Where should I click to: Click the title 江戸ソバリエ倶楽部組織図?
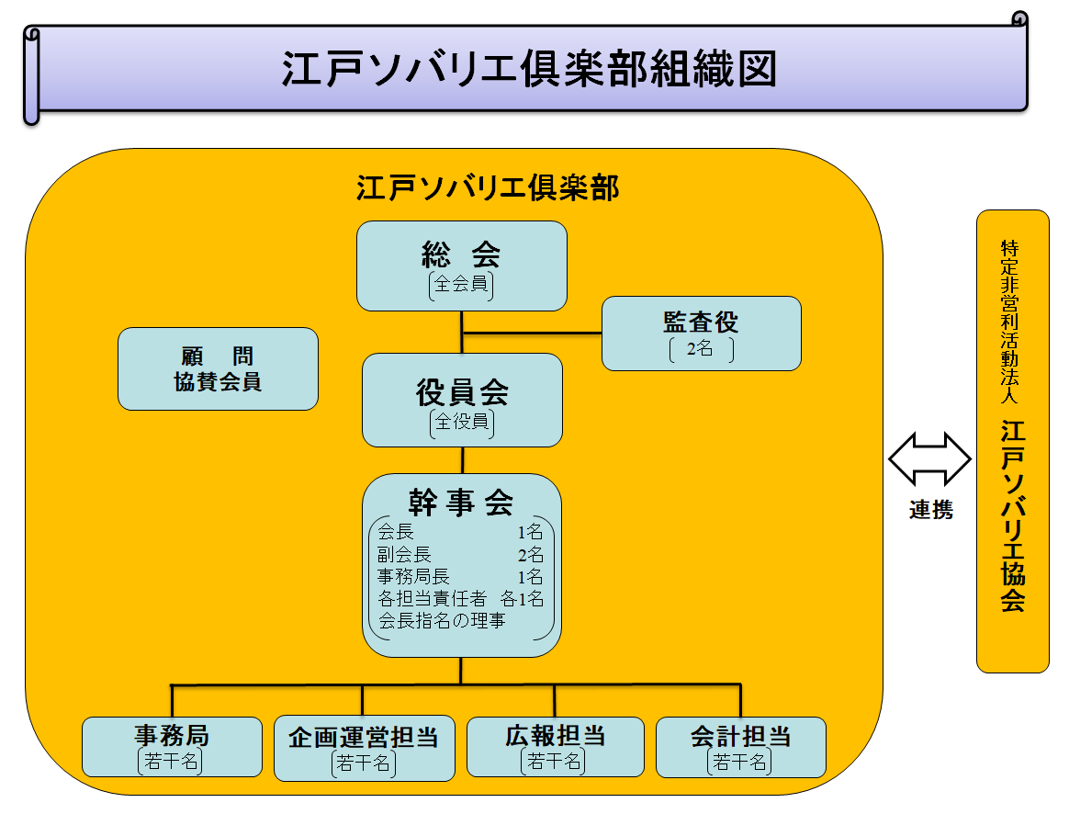[529, 70]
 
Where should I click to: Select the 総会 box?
[461, 265]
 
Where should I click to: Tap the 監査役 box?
[701, 333]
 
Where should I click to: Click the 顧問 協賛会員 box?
[218, 368]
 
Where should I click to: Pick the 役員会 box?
[461, 400]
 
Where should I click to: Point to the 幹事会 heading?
[461, 501]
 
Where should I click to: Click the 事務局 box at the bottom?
[172, 746]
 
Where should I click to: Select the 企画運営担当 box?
[364, 747]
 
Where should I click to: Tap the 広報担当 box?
[555, 746]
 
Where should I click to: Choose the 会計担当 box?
[740, 746]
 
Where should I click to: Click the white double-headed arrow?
[929, 458]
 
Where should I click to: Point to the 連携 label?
[930, 511]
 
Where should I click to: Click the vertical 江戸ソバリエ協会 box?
[1012, 441]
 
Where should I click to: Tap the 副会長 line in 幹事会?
[405, 555]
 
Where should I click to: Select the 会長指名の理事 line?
[442, 620]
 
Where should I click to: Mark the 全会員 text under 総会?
[461, 285]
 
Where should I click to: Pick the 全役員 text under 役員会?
[461, 424]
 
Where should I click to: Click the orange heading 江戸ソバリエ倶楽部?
[488, 188]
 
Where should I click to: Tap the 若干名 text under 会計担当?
[740, 762]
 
